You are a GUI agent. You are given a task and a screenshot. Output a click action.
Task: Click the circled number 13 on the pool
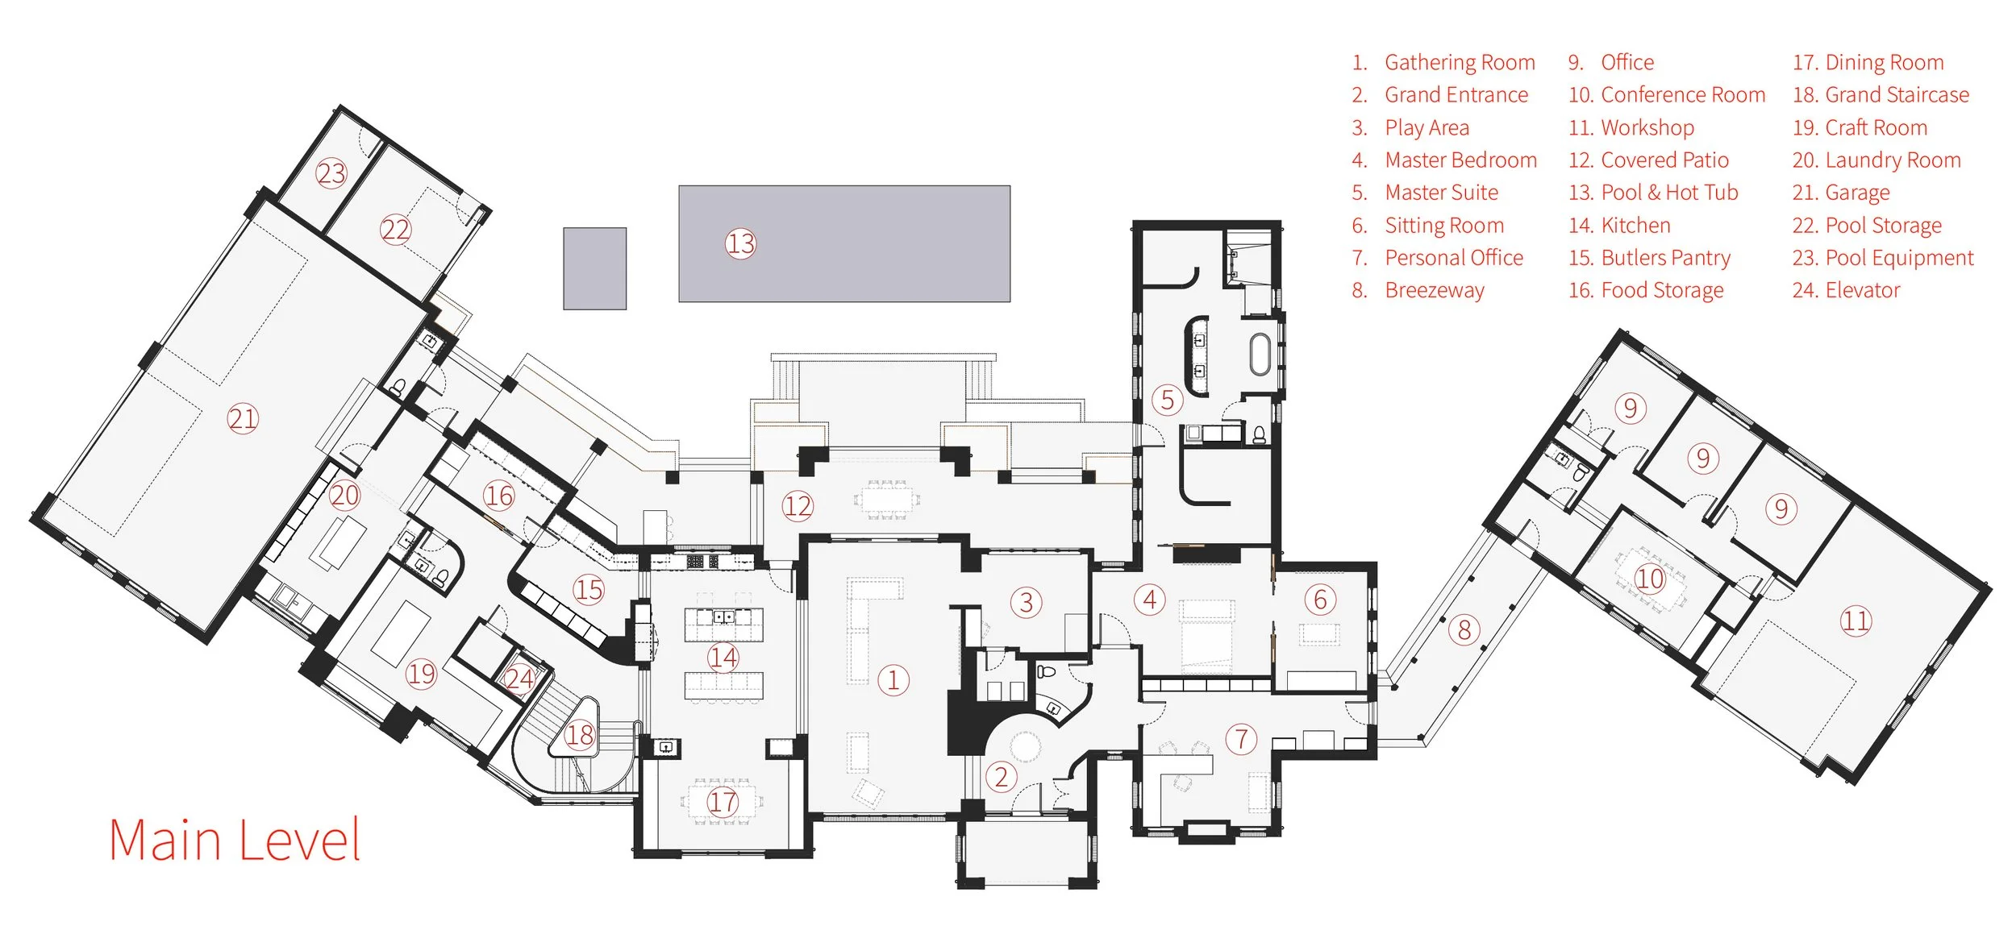pyautogui.click(x=740, y=243)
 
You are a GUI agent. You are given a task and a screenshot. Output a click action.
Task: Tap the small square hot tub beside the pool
pyautogui.click(x=594, y=268)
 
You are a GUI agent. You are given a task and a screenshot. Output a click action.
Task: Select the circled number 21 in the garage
pyautogui.click(x=242, y=419)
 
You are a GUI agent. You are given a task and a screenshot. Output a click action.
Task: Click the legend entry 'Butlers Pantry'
pyautogui.click(x=1649, y=258)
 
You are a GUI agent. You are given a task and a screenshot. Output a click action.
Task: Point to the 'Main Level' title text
pyautogui.click(x=235, y=841)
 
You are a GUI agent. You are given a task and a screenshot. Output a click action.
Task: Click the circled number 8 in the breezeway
pyautogui.click(x=1464, y=629)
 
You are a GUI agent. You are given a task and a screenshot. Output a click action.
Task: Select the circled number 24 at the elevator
pyautogui.click(x=519, y=679)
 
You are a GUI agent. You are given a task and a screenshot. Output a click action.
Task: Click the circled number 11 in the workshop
pyautogui.click(x=1855, y=621)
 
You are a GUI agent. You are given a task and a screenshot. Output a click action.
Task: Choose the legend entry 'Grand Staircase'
pyautogui.click(x=1881, y=95)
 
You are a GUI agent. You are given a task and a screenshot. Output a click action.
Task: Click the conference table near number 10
pyautogui.click(x=1650, y=577)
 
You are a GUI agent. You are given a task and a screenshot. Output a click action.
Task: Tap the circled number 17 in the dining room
pyautogui.click(x=723, y=802)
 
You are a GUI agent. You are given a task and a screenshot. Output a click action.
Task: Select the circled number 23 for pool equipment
pyautogui.click(x=331, y=173)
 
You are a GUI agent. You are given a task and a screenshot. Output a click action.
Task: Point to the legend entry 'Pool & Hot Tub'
pyautogui.click(x=1653, y=193)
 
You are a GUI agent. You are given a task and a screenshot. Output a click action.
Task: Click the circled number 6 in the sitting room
pyautogui.click(x=1320, y=600)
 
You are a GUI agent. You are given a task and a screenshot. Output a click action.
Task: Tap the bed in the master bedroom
pyautogui.click(x=1206, y=637)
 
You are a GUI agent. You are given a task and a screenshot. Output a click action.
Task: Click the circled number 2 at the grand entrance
pyautogui.click(x=1001, y=778)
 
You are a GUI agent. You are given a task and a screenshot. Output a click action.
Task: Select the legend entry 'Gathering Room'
pyautogui.click(x=1443, y=63)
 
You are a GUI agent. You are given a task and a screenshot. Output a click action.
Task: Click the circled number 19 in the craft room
pyautogui.click(x=421, y=674)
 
